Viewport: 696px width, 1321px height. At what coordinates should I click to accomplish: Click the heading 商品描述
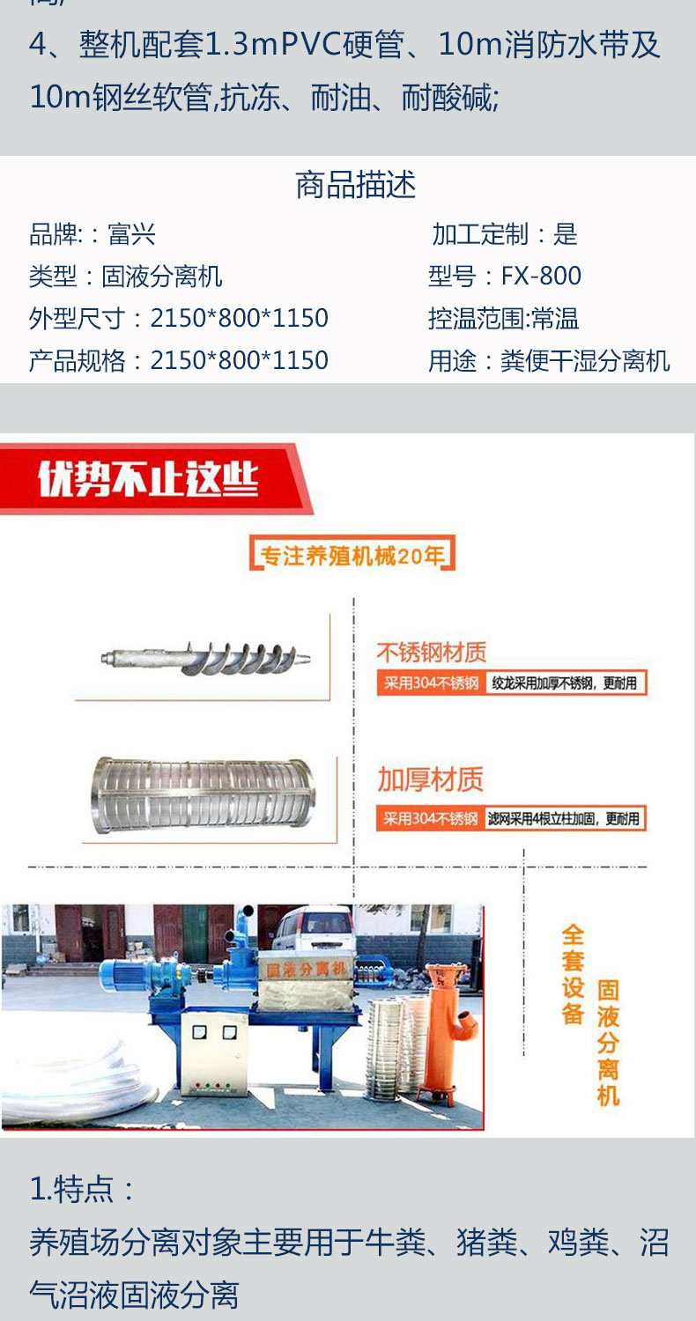(x=355, y=186)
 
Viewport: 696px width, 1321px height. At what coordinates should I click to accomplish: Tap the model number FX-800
(x=541, y=277)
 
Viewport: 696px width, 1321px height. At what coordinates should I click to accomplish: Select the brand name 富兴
(x=131, y=234)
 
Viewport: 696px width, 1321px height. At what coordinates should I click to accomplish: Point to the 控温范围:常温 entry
(x=503, y=319)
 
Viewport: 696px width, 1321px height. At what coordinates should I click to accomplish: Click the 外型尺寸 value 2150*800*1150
(x=239, y=318)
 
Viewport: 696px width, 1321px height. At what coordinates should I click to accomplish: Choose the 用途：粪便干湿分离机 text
(x=549, y=361)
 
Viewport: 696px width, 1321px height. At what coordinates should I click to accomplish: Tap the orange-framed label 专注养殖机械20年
(x=352, y=556)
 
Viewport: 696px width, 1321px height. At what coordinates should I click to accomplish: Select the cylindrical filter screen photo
(x=202, y=795)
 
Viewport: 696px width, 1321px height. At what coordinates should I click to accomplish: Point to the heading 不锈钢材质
(x=431, y=653)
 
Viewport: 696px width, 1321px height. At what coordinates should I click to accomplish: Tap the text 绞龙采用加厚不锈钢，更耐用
(x=564, y=683)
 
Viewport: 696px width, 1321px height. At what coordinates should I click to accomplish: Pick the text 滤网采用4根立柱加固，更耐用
(x=565, y=818)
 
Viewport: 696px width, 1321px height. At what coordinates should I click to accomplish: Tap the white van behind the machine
(x=312, y=933)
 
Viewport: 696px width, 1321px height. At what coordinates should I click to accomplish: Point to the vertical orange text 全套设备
(x=574, y=973)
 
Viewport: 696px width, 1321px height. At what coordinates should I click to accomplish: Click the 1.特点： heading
(x=84, y=1190)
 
